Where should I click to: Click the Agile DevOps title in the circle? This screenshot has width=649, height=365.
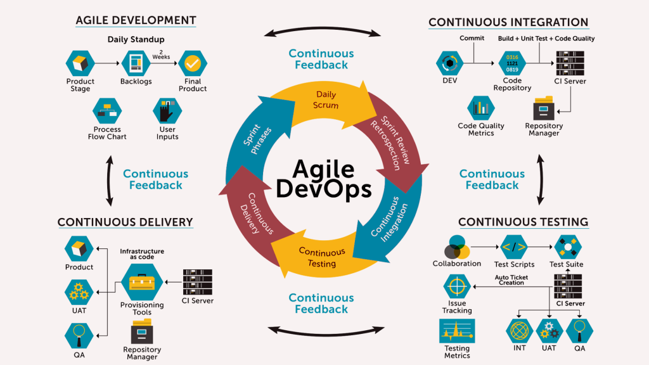coord(323,179)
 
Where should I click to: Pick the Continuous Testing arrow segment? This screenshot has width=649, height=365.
coord(321,256)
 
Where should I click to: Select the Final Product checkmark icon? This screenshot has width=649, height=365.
coord(192,63)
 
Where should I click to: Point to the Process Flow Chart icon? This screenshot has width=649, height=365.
coord(106,112)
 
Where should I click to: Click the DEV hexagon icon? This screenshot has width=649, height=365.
coord(450,63)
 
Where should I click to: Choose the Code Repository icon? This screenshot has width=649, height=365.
coord(511,63)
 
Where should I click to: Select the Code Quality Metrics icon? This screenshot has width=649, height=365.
coord(481,108)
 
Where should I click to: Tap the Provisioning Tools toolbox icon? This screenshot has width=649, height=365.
coord(141,282)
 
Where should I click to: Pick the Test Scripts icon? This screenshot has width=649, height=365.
coord(513,247)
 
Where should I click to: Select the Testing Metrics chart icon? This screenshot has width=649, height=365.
coord(457,331)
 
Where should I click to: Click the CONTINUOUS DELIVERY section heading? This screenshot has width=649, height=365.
coord(125,222)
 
